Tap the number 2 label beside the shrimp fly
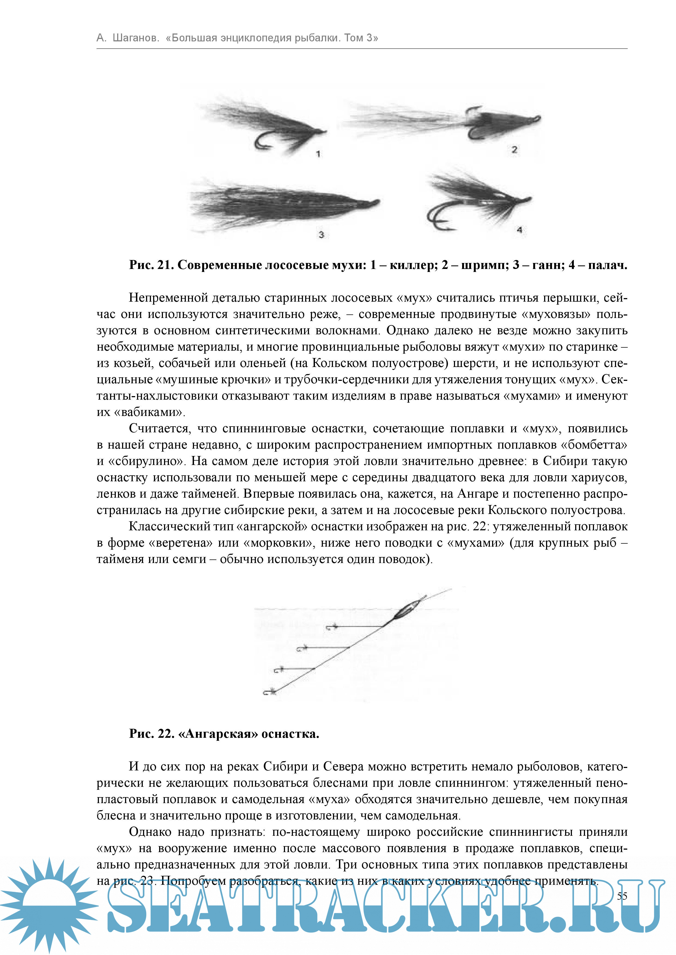(514, 150)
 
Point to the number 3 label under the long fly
(321, 235)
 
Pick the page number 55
(622, 896)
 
